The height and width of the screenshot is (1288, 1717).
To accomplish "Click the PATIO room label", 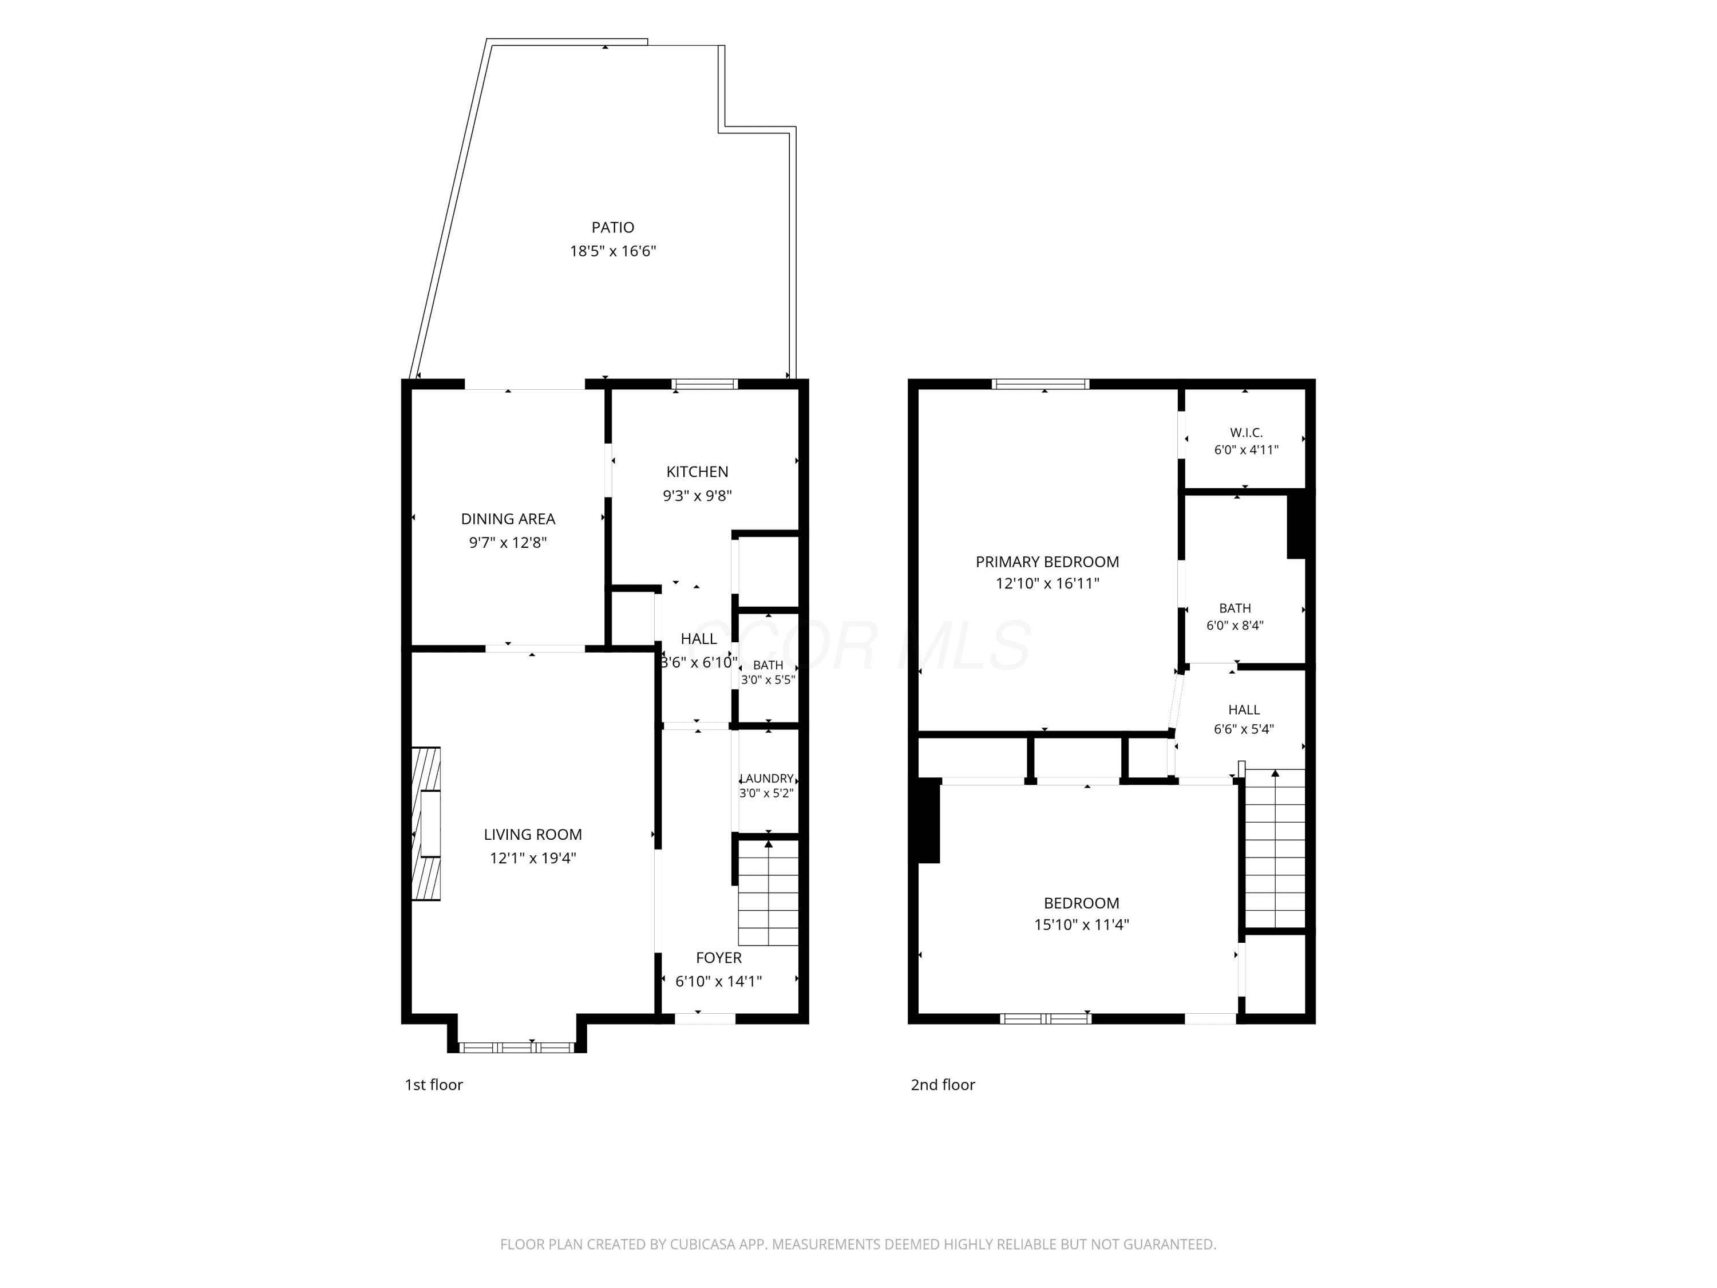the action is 612,227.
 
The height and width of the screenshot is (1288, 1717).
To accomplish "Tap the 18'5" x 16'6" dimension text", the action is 613,251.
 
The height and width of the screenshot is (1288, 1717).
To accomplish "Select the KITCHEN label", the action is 697,471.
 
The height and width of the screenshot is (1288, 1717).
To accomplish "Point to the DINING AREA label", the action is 508,519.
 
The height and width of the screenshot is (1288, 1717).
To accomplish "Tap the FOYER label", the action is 719,957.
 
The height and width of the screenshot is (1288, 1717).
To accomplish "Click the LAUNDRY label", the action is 767,778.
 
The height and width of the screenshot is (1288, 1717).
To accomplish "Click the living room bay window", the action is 517,1048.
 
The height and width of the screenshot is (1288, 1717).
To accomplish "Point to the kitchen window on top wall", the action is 704,384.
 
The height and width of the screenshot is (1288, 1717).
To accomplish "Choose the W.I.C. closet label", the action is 1246,432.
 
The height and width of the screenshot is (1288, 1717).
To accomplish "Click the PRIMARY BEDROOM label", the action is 1047,562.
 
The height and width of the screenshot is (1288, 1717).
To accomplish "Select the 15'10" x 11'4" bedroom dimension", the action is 1081,924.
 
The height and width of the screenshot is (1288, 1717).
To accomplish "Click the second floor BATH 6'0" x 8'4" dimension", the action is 1235,625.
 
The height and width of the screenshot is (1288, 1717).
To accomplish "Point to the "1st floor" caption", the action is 433,1085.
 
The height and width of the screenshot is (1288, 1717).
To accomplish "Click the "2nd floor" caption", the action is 942,1085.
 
